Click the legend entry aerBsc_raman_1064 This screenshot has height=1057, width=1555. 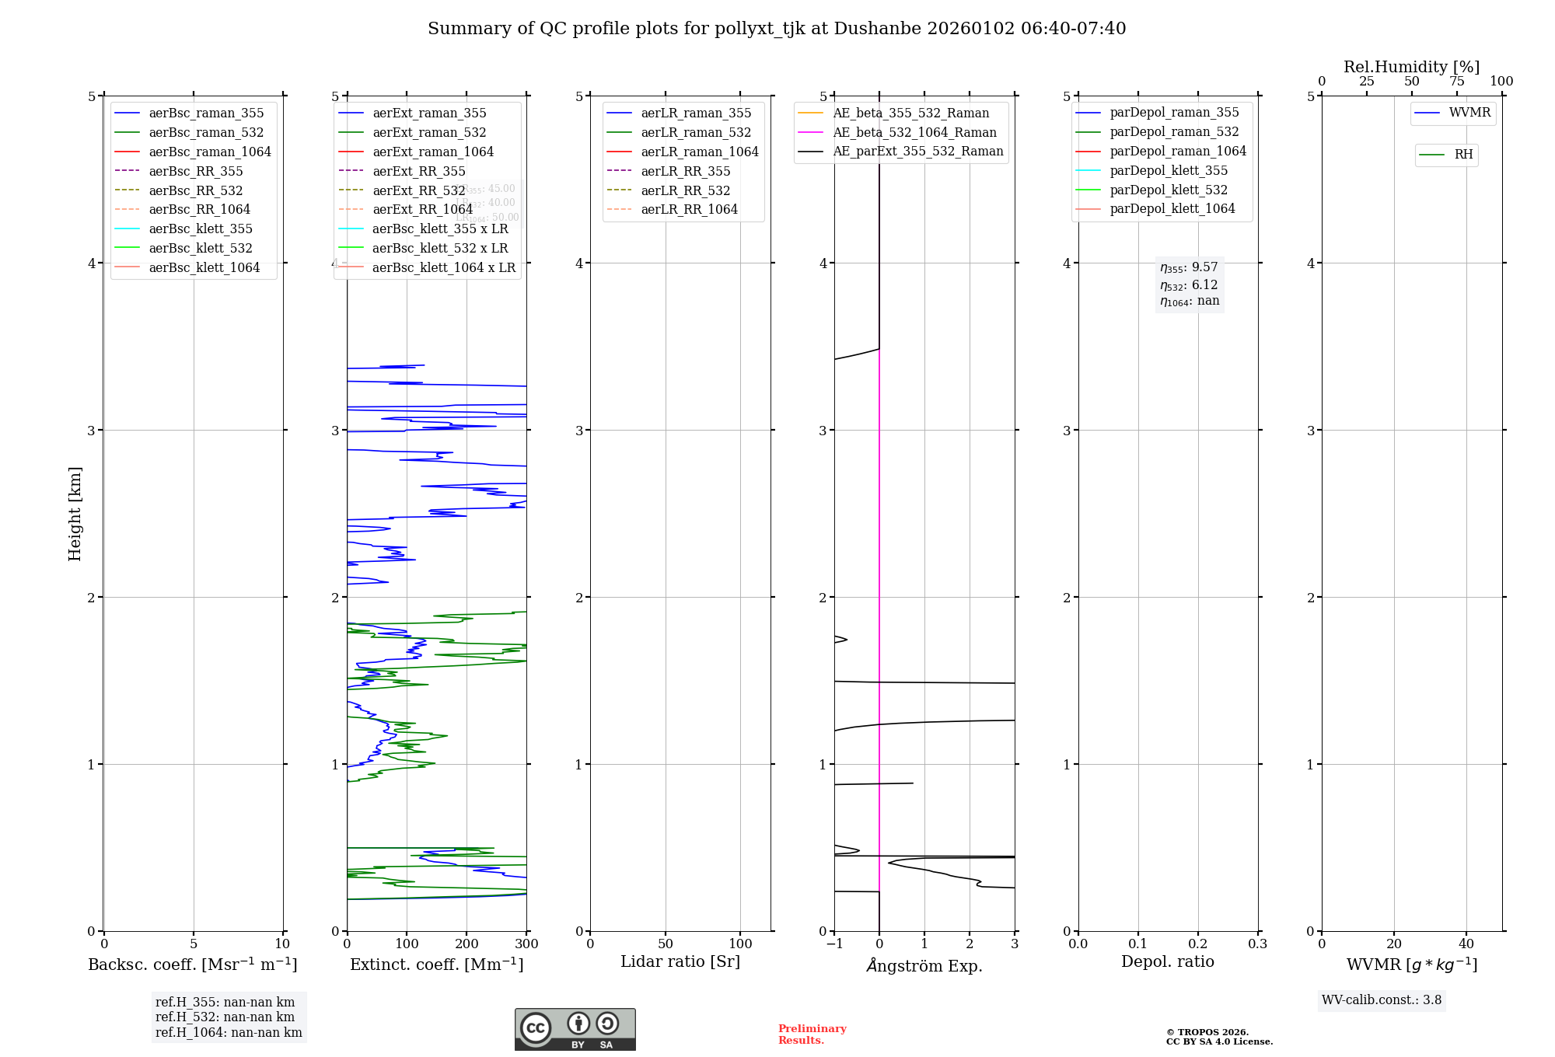pos(210,152)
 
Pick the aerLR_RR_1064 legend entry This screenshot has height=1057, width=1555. pos(689,209)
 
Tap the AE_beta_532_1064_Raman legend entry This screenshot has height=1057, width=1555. pos(914,132)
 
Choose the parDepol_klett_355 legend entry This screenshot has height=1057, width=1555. pos(1169,170)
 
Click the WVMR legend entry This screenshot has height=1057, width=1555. pos(1469,113)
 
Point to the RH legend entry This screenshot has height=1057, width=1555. pos(1463,155)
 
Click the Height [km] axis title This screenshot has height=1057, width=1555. pos(75,514)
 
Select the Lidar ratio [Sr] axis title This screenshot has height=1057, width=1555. pos(680,961)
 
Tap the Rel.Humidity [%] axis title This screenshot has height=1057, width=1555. pos(1411,67)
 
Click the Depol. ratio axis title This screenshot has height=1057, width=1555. pos(1167,961)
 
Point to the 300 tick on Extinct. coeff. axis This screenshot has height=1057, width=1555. pos(526,944)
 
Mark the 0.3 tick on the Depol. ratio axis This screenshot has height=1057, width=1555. pos(1257,944)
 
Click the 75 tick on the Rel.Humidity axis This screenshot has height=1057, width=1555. pos(1456,82)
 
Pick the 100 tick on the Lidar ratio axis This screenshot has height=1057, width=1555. pos(740,944)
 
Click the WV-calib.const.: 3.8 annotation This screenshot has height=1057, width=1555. pos(1382,1000)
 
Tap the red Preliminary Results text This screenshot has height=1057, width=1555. pos(812,1034)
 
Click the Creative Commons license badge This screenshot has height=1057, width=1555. pos(575,1030)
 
